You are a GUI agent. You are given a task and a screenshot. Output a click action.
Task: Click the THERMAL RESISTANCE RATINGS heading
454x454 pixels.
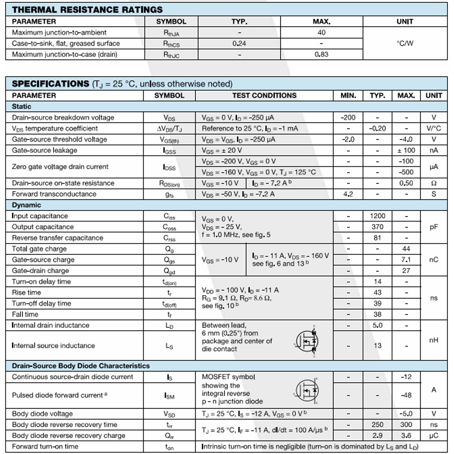coord(87,10)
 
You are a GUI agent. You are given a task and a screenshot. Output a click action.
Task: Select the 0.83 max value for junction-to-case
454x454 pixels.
coord(322,54)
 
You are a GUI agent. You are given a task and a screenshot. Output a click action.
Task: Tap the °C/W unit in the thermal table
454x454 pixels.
coord(405,43)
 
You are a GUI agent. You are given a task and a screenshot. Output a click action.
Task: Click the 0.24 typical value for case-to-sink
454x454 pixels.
coord(239,43)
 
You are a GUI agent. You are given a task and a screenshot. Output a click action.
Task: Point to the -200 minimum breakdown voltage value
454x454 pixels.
coord(348,117)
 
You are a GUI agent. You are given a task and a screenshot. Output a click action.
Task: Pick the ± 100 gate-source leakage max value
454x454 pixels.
coord(406,150)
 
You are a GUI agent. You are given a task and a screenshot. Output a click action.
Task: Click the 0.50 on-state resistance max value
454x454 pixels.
coord(406,183)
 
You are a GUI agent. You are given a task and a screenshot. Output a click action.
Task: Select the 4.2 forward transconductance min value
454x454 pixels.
coord(348,194)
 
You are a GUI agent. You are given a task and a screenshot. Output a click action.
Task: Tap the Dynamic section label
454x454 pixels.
coord(26,205)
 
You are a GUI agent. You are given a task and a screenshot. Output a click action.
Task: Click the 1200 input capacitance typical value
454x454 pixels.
coord(377,216)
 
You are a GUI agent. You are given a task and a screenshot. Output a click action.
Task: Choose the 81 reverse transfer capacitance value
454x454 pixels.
coord(377,238)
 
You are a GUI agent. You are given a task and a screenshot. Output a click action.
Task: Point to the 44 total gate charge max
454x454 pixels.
coord(406,249)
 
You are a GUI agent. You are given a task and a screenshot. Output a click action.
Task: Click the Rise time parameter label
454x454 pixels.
coord(26,292)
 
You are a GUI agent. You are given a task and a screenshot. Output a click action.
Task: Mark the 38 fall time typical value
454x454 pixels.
coord(377,314)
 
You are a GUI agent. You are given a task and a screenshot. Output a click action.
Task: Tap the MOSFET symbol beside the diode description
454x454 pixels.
coord(307,390)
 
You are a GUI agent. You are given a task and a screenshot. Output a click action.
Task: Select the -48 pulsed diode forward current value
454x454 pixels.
coord(406,395)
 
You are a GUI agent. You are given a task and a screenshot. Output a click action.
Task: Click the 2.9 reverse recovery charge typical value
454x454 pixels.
coord(377,435)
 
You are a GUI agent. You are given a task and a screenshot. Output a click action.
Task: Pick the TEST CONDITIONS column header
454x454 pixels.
coord(264,95)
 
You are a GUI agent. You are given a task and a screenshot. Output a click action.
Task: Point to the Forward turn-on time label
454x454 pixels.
coord(45,446)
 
